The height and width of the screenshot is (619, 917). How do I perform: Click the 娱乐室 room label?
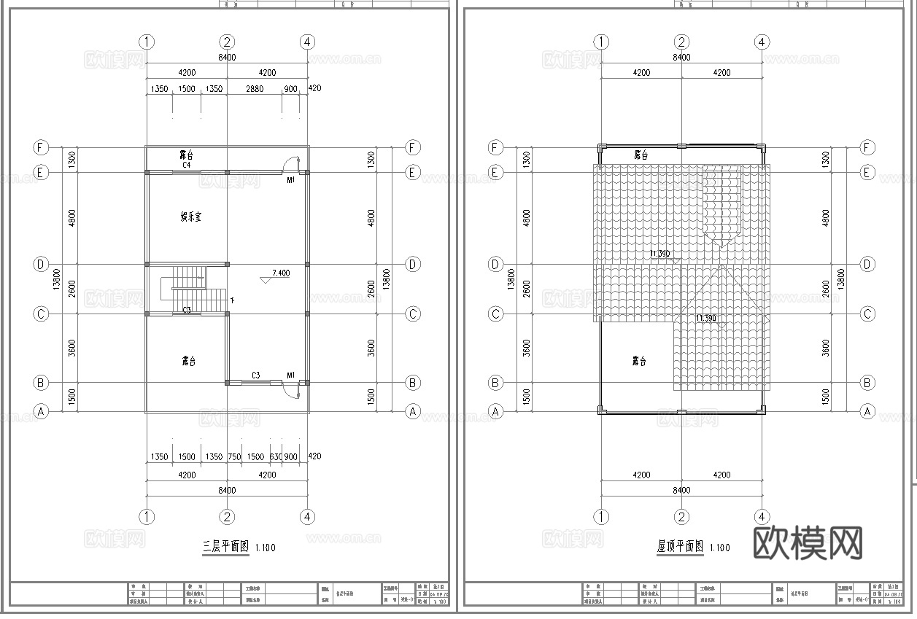(191, 217)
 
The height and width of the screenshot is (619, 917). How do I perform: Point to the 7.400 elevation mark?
(280, 273)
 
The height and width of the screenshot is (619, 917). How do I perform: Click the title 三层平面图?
(225, 546)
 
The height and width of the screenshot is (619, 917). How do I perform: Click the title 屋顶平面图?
(679, 546)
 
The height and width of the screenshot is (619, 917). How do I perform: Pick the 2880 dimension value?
(255, 90)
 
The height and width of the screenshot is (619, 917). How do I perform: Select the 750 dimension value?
(234, 457)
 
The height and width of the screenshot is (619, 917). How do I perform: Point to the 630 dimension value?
(276, 457)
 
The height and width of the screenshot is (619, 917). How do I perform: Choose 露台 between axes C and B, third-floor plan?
(188, 360)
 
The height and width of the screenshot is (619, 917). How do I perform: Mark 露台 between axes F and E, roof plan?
(641, 155)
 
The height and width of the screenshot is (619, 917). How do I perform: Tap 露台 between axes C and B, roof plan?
(639, 361)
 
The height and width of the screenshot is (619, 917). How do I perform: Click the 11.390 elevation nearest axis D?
(661, 254)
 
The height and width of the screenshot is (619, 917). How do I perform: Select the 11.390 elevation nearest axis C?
(705, 319)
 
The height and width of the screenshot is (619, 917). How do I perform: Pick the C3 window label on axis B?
(256, 375)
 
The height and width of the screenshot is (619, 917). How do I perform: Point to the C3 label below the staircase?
(187, 311)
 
